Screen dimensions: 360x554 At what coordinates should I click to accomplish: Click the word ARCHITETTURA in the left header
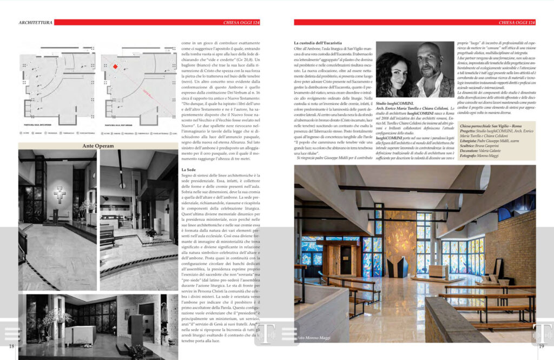pyautogui.click(x=35, y=22)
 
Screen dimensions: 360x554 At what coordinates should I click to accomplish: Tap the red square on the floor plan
pyautogui.click(x=115, y=67)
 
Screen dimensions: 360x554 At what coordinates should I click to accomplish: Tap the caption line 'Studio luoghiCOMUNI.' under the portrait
pyautogui.click(x=394, y=103)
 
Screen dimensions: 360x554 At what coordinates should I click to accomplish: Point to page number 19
pyautogui.click(x=541, y=346)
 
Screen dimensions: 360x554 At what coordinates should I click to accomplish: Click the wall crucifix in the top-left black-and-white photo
pyautogui.click(x=60, y=193)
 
